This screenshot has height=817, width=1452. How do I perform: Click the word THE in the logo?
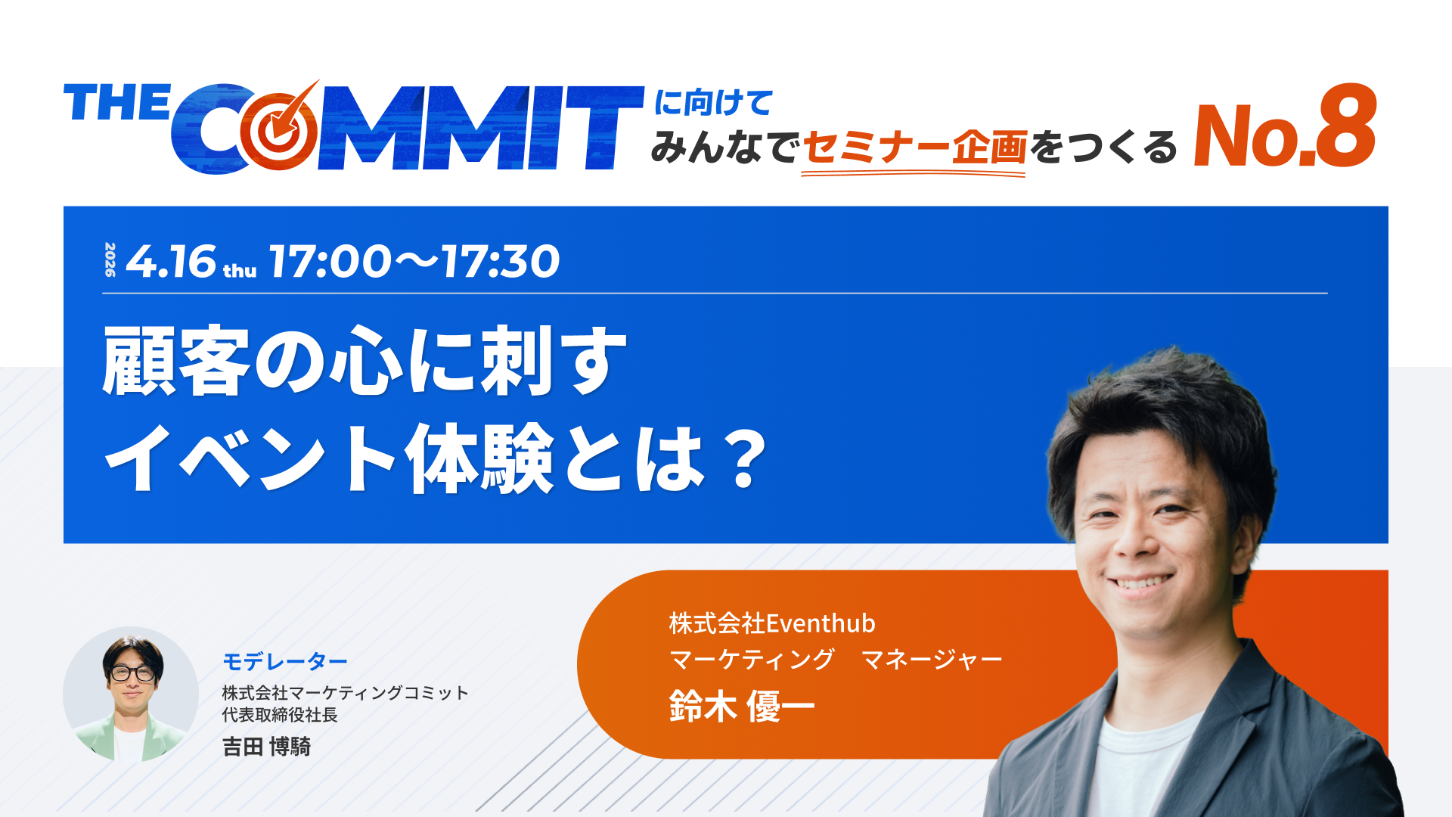coord(117,103)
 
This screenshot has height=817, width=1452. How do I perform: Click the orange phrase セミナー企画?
coord(914,147)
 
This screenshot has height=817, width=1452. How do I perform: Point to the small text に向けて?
coord(713,103)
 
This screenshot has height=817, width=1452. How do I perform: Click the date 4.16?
coord(171,262)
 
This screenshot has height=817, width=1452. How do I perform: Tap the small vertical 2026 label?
coord(110,259)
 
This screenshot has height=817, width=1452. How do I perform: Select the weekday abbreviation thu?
coord(240,271)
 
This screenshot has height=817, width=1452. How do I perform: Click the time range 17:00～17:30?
coord(414,262)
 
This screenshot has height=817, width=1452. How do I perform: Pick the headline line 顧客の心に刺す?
coord(365,361)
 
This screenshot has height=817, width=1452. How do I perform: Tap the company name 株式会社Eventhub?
coord(772,623)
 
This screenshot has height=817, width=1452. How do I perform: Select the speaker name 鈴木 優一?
coord(742,707)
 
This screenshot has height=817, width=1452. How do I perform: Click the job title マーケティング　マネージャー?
coord(836,660)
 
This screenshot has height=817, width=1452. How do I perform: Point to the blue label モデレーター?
coord(285,662)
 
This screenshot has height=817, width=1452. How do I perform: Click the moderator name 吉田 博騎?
coord(267,747)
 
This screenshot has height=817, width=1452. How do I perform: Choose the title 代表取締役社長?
coord(280,715)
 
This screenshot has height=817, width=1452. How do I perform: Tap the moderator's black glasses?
coord(132,673)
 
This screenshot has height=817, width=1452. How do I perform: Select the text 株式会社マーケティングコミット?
coord(346,693)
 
